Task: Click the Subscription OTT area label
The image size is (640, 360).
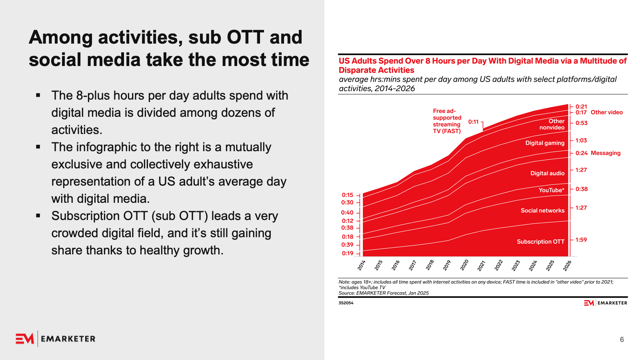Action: (x=540, y=242)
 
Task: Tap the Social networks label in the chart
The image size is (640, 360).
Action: (x=542, y=210)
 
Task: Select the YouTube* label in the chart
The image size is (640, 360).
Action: (x=551, y=190)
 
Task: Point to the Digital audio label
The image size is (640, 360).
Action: (x=547, y=173)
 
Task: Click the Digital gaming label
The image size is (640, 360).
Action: (x=545, y=143)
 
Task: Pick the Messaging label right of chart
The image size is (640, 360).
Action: (x=606, y=153)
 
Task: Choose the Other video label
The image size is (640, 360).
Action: (x=606, y=112)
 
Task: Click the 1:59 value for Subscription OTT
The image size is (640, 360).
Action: (x=581, y=240)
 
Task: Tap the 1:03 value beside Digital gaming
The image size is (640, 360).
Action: (x=581, y=140)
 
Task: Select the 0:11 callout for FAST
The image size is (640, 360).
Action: (x=473, y=122)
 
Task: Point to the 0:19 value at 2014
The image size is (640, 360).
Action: (x=348, y=253)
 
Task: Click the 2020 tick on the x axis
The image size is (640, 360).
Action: (x=464, y=265)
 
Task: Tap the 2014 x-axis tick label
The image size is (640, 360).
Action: (x=362, y=265)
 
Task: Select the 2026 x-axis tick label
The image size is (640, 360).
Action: (x=567, y=265)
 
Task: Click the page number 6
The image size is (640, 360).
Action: (x=622, y=340)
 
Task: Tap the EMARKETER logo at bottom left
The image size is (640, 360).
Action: (x=56, y=339)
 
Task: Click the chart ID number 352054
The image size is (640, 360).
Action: (x=346, y=303)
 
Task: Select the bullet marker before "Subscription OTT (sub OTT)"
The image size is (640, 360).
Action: (x=38, y=216)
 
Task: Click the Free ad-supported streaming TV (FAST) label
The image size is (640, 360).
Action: (x=447, y=121)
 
